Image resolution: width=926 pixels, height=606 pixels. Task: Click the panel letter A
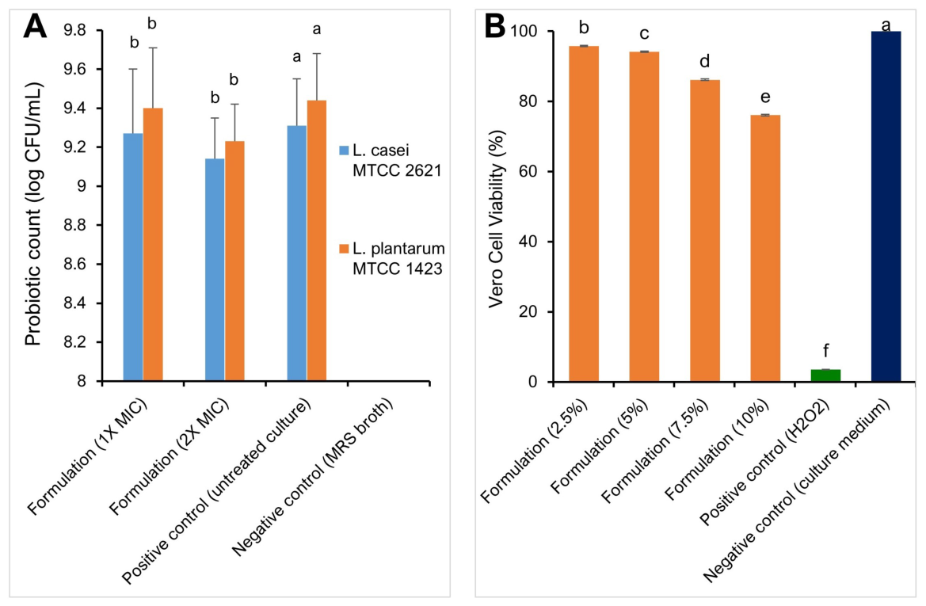[x=35, y=27]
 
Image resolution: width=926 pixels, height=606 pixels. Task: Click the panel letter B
[x=495, y=27]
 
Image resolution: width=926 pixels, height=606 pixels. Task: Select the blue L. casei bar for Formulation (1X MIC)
[x=133, y=257]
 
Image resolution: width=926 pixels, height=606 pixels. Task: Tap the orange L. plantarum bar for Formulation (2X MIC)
[x=234, y=261]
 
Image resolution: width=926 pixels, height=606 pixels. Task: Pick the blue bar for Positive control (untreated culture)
[x=296, y=253]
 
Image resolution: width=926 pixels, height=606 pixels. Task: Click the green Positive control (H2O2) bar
[x=825, y=375]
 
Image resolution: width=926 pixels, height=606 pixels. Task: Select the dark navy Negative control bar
[x=886, y=207]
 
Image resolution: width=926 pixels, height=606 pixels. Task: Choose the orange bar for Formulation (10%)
[x=765, y=249]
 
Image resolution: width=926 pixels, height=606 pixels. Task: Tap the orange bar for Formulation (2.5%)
[x=584, y=214]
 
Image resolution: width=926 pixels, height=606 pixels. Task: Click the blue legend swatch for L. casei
[x=344, y=151]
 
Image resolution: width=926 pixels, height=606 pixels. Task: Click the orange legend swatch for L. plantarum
[x=344, y=250]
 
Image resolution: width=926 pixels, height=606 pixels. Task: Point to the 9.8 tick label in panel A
[x=74, y=30]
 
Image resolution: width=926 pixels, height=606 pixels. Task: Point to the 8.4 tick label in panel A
[x=74, y=303]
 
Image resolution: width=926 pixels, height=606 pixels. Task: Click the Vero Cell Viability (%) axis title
[x=497, y=219]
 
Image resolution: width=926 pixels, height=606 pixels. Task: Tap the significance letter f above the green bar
[x=825, y=352]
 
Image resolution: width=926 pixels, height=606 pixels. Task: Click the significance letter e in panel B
[x=765, y=97]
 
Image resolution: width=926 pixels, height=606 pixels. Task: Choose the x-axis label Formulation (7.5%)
[x=656, y=452]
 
